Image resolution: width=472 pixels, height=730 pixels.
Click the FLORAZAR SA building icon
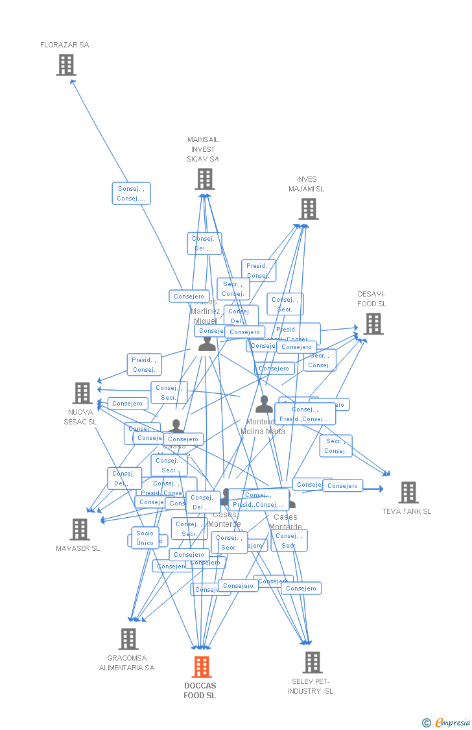pos(65,65)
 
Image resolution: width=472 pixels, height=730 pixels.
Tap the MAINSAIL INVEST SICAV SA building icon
pos(205,179)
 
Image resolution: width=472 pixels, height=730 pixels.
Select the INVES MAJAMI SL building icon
pos(309,209)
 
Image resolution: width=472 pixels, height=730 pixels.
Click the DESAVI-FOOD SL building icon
pos(373,324)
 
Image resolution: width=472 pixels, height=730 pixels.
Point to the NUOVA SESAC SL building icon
pos(82,393)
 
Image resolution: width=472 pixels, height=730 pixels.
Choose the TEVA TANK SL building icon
pos(408,493)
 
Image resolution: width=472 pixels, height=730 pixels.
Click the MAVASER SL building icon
pos(80,529)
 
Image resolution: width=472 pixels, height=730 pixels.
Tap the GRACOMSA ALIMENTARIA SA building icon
pos(128,639)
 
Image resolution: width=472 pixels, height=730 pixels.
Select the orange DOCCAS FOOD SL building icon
pos(202,667)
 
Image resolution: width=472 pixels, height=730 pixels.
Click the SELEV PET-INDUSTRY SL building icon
pos(313,663)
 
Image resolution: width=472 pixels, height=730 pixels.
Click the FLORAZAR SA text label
pos(65,45)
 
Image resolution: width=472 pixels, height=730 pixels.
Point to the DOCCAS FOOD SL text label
pos(200,690)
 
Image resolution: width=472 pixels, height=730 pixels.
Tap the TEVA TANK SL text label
pos(407,511)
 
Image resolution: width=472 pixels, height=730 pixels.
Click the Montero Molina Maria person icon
pos(264,404)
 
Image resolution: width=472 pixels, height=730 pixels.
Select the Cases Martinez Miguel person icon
pos(207,344)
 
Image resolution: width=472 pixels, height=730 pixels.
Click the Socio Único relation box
pos(145,538)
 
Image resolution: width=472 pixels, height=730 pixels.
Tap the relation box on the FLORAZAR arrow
pos(131,193)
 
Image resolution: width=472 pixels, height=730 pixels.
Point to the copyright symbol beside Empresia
pos(426,722)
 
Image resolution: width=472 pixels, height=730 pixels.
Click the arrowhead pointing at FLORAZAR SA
pos(73,81)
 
